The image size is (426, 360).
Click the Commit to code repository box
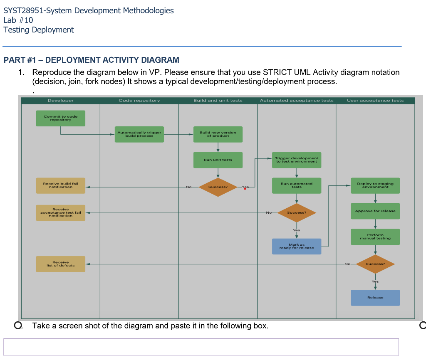point(60,118)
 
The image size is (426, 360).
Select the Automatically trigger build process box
point(139,134)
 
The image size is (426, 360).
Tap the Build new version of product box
point(218,134)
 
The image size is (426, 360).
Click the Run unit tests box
point(218,160)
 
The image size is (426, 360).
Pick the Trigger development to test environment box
point(296,160)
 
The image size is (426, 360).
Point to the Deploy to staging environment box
point(375,185)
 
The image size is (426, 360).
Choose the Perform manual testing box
point(375,237)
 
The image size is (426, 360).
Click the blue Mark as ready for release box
point(296,246)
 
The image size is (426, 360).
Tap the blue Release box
point(375,298)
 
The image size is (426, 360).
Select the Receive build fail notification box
point(60,185)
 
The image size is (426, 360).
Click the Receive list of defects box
point(60,264)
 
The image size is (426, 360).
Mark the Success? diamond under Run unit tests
point(218,187)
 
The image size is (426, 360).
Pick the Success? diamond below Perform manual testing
point(375,264)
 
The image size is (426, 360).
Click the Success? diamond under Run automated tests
point(296,213)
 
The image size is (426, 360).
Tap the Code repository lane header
point(139,101)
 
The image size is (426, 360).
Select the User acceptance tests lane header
point(375,101)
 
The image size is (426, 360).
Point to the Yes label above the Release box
point(375,281)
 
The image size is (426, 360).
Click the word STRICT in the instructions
point(278,72)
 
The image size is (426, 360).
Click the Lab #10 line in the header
point(18,20)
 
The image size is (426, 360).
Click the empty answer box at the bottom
point(201,347)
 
